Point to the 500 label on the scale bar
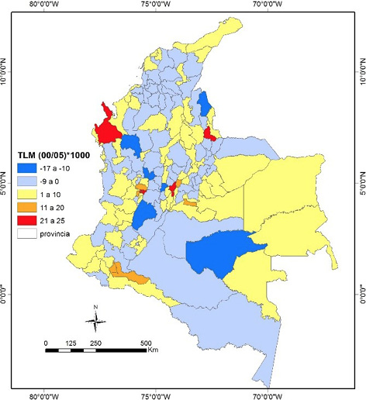[x=144, y=342]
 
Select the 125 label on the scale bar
[x=71, y=342]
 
